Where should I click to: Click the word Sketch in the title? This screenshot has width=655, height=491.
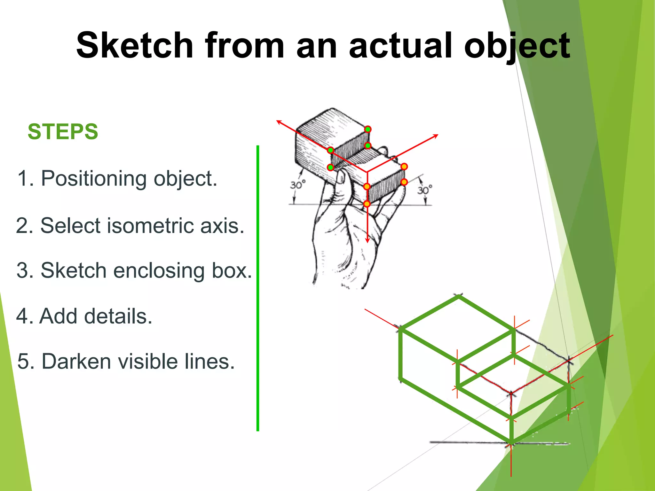click(x=135, y=45)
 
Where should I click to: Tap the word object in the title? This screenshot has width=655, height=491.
click(x=517, y=45)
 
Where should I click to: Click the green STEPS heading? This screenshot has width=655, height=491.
click(x=63, y=132)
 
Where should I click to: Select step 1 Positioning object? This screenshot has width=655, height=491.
click(x=117, y=178)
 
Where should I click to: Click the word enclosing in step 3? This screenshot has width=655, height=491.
click(x=159, y=270)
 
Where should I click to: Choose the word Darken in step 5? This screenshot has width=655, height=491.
click(x=78, y=361)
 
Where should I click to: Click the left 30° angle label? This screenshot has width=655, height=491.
click(x=298, y=185)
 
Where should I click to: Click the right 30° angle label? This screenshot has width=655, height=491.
click(x=425, y=190)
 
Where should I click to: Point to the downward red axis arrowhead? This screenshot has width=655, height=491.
click(x=367, y=240)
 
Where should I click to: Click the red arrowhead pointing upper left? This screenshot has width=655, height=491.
click(x=279, y=122)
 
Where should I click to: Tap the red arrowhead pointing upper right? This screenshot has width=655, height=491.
click(x=436, y=136)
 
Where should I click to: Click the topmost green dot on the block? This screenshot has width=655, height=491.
click(x=368, y=129)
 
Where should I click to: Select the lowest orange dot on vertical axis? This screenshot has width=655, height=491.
click(x=367, y=204)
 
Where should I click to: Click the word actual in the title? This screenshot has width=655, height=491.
click(x=400, y=45)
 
